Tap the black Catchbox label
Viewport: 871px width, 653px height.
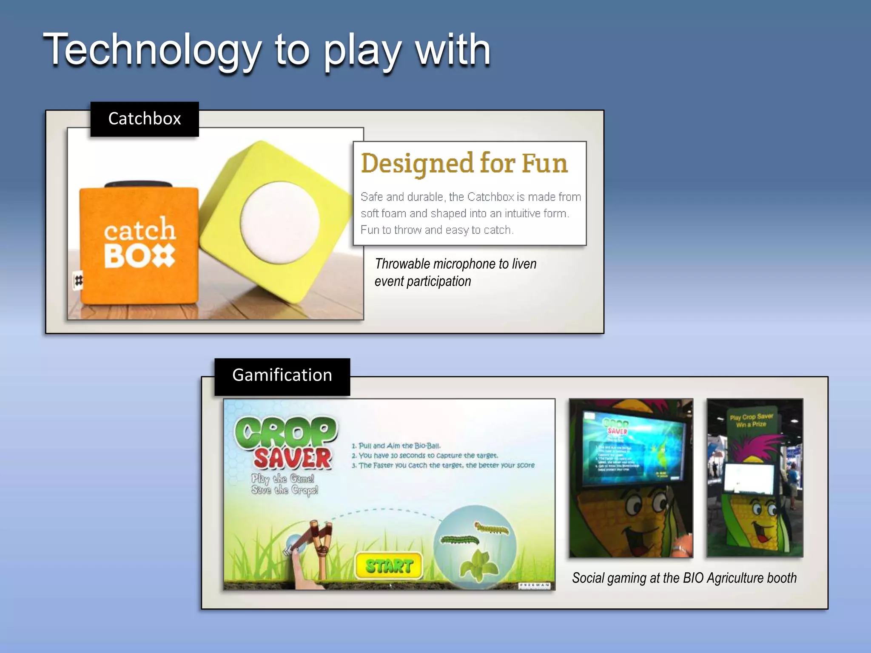pyautogui.click(x=145, y=119)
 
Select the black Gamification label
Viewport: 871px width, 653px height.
pyautogui.click(x=282, y=375)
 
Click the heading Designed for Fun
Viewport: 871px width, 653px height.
pyautogui.click(x=464, y=164)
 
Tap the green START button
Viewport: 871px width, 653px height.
pyautogui.click(x=389, y=566)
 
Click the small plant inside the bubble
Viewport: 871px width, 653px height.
pyautogui.click(x=479, y=565)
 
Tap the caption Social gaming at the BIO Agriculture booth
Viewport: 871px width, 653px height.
pyautogui.click(x=684, y=578)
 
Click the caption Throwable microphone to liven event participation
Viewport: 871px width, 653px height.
pyautogui.click(x=455, y=273)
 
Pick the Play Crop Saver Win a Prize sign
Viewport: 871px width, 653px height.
pyautogui.click(x=751, y=420)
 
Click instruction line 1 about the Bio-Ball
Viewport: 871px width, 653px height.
pyautogui.click(x=396, y=446)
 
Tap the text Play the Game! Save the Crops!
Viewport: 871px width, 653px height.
pyautogui.click(x=284, y=484)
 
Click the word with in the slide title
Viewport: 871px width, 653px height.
pyautogui.click(x=453, y=50)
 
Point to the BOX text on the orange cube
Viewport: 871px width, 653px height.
pyautogui.click(x=139, y=256)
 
